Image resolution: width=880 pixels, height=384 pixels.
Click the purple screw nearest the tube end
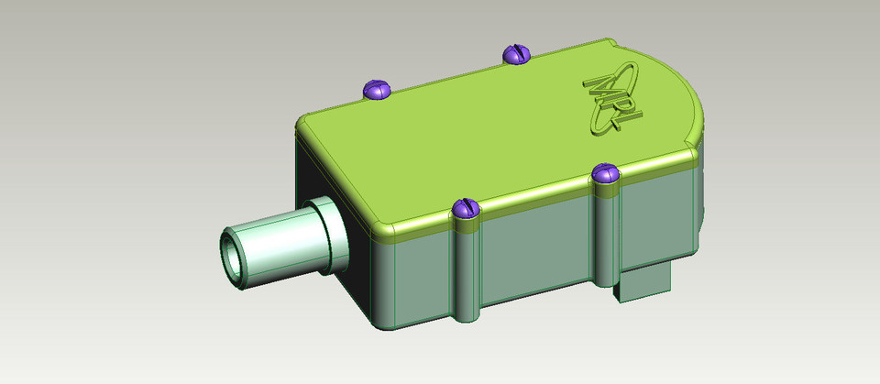click(x=376, y=89)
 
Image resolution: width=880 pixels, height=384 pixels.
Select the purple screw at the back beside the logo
click(x=516, y=55)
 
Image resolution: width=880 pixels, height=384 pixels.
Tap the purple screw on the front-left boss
click(x=467, y=209)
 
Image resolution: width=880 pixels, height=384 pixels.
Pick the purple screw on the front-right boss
click(x=605, y=172)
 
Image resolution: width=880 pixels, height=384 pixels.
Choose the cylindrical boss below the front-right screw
click(x=606, y=229)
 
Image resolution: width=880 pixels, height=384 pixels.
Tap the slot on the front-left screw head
click(x=467, y=207)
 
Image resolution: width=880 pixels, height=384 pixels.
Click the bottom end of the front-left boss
click(x=466, y=315)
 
